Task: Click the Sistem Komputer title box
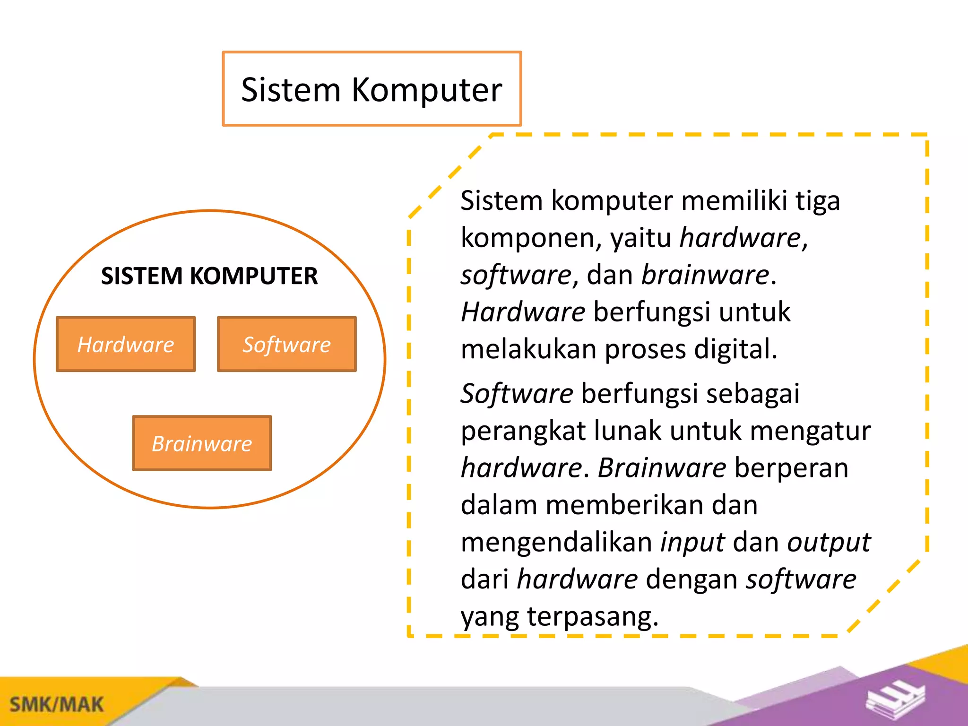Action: [372, 89]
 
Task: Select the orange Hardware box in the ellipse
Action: [126, 344]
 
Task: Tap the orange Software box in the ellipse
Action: [287, 344]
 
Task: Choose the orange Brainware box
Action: [202, 443]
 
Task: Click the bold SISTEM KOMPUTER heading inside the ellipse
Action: [209, 276]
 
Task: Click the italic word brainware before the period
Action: [705, 275]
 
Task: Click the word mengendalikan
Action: [557, 543]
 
